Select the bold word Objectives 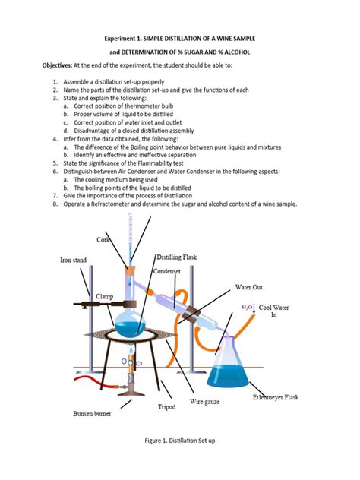tap(62, 66)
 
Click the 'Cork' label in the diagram tap(103, 240)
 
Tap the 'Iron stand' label tap(74, 261)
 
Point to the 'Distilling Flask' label tap(177, 257)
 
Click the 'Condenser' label tap(166, 271)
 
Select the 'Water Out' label tap(249, 288)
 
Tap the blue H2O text tap(248, 308)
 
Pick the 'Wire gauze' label tap(204, 401)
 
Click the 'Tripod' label tap(167, 408)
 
